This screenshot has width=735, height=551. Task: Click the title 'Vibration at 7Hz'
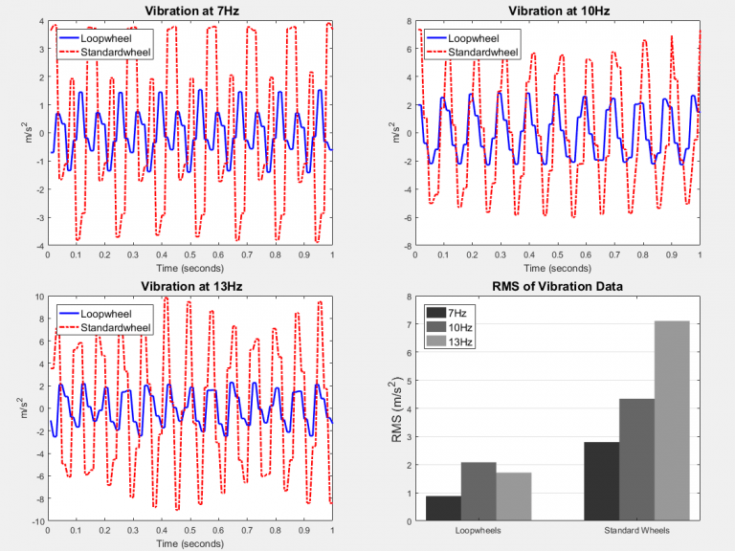coord(189,11)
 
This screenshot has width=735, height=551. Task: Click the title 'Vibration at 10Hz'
coord(558,11)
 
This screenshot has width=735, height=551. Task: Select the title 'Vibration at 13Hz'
coord(189,286)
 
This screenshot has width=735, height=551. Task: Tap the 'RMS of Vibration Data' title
coord(558,286)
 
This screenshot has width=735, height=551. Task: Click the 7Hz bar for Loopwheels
coord(443,508)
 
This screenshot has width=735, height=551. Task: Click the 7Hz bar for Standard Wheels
coord(601,481)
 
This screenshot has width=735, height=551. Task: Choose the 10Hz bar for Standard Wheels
coord(636,459)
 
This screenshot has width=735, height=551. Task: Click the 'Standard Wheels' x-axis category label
coord(636,531)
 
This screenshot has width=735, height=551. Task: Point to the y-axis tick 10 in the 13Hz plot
coord(38,297)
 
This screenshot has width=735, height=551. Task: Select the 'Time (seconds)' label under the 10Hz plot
coord(558,269)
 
